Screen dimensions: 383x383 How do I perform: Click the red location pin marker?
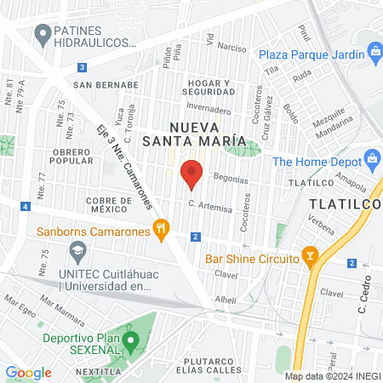click(192, 173)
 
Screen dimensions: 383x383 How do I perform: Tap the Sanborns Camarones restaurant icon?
click(159, 227)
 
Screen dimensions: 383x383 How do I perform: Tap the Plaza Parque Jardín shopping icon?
click(374, 54)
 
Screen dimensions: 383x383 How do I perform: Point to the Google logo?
click(28, 372)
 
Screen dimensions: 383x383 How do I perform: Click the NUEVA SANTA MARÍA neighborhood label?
click(194, 132)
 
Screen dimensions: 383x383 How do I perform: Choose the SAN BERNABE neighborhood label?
click(106, 85)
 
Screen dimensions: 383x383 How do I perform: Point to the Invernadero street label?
click(208, 110)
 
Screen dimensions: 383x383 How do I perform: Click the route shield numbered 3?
click(81, 66)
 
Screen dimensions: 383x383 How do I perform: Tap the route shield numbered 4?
click(26, 207)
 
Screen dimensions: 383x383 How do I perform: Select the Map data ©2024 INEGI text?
click(332, 376)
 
